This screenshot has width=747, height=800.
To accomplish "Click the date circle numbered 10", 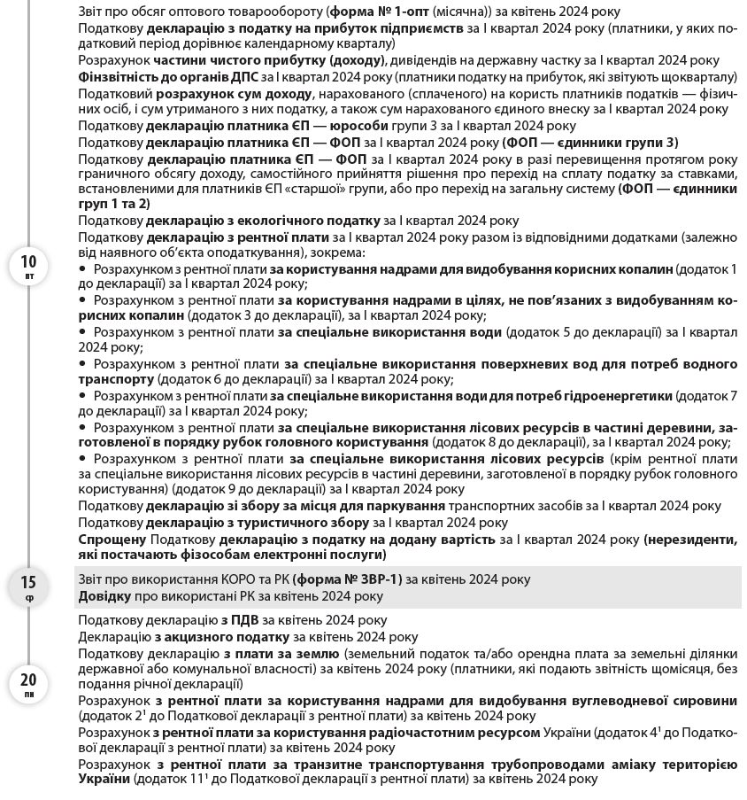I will [x=29, y=264].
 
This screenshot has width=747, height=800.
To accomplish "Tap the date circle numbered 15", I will [x=29, y=586].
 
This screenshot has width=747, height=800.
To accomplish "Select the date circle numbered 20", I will [x=29, y=684].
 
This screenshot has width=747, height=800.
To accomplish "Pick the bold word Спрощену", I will [x=112, y=539].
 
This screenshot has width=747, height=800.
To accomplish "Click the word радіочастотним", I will [x=455, y=733].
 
